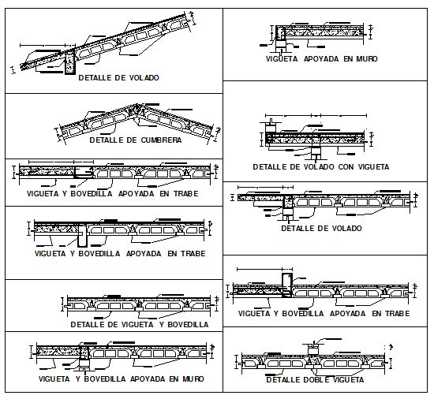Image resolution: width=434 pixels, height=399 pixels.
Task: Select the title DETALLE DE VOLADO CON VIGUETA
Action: (320, 167)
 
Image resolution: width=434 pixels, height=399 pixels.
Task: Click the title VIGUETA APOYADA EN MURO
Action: (321, 58)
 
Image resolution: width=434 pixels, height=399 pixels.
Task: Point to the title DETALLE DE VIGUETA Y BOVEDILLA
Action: (139, 324)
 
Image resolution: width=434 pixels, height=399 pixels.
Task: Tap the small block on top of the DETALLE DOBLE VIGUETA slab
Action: (314, 345)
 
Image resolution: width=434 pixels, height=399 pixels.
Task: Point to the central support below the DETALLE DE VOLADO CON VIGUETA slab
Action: (315, 146)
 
